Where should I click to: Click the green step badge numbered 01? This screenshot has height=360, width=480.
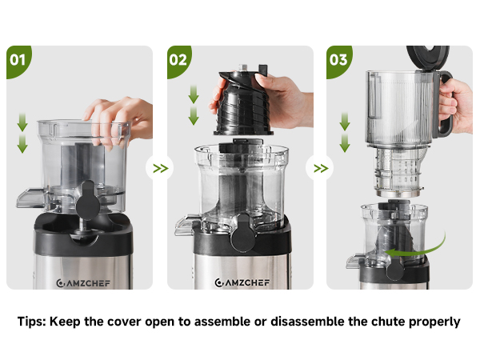(x=18, y=61)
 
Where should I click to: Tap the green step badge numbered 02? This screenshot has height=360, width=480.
(x=178, y=61)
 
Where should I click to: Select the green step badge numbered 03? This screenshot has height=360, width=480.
(x=338, y=61)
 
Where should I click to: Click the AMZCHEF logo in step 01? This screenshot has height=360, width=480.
(x=83, y=283)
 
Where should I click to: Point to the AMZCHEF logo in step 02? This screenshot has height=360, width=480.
(x=242, y=282)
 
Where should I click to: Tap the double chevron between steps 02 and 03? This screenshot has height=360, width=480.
(x=321, y=168)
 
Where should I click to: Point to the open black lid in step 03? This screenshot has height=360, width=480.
(x=428, y=58)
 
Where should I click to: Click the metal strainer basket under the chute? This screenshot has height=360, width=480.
(x=398, y=173)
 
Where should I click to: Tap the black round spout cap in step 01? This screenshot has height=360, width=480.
(x=88, y=201)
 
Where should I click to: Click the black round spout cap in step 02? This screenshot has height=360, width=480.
(x=243, y=233)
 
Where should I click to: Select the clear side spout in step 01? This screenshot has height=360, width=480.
(x=30, y=198)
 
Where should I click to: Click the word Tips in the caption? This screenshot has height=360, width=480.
(x=32, y=322)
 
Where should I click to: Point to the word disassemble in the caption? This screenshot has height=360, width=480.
(x=307, y=322)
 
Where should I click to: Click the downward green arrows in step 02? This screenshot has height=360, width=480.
(x=194, y=105)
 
